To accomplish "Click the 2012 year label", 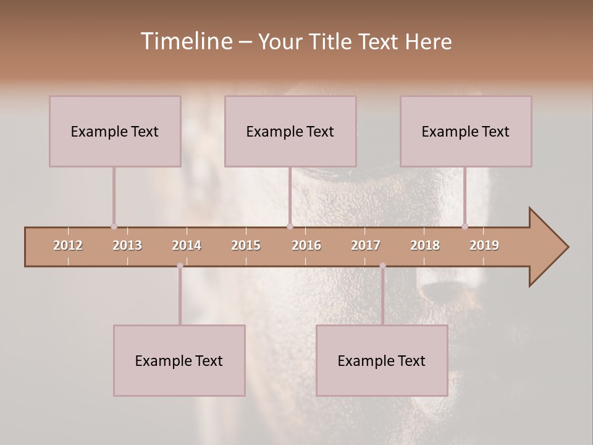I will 68,245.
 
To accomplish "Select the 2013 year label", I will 127,245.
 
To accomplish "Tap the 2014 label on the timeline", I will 187,245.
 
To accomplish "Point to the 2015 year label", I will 246,245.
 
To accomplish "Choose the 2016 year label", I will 306,245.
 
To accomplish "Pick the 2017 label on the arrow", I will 366,245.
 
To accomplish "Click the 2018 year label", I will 425,245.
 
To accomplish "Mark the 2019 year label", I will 484,245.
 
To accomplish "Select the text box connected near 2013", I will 115,131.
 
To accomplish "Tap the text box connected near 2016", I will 290,131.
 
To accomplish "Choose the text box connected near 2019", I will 466,131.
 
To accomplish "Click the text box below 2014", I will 179,360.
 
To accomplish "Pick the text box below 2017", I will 382,360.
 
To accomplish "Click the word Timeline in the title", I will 186,41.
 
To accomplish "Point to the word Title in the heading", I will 331,41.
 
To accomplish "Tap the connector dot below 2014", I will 180,266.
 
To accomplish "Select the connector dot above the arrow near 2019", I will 465,226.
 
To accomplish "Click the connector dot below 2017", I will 382,266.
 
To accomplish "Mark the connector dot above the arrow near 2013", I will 114,226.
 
